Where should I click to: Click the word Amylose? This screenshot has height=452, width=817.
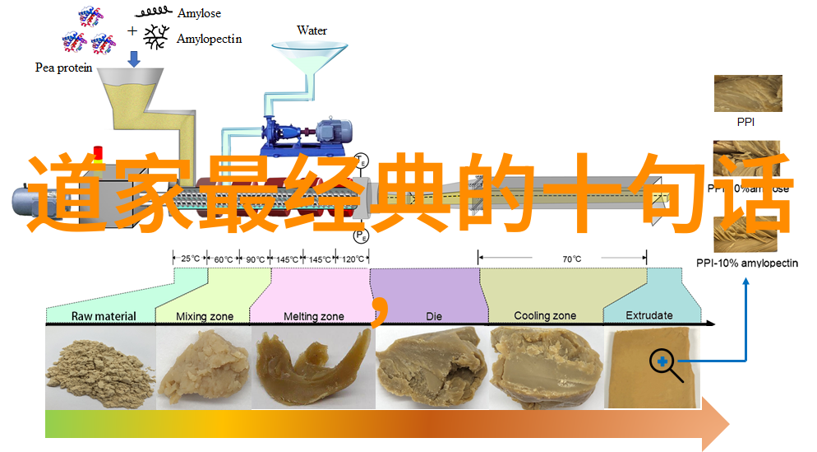coord(199,13)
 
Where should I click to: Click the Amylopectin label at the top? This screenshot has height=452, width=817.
coord(209,39)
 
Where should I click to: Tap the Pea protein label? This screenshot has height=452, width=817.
coord(62,68)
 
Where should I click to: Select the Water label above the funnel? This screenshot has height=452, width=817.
coord(312,31)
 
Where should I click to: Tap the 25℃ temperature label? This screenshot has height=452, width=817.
coord(190,259)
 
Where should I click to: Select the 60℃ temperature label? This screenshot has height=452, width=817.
coord(222,259)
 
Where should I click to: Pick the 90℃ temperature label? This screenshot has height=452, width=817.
coord(254,259)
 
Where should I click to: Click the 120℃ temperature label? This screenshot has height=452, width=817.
coord(353,259)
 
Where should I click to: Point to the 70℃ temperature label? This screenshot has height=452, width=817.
coord(571,259)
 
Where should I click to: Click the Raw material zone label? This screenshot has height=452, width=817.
coord(104,316)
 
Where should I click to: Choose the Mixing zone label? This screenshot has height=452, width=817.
coord(205,316)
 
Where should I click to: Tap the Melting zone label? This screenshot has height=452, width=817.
coord(314,316)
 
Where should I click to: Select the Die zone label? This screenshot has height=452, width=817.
coord(433,315)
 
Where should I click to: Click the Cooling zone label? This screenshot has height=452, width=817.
coord(544,315)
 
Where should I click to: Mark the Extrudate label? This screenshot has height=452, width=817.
coord(649,315)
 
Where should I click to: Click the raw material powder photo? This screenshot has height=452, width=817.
coord(100,367)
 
